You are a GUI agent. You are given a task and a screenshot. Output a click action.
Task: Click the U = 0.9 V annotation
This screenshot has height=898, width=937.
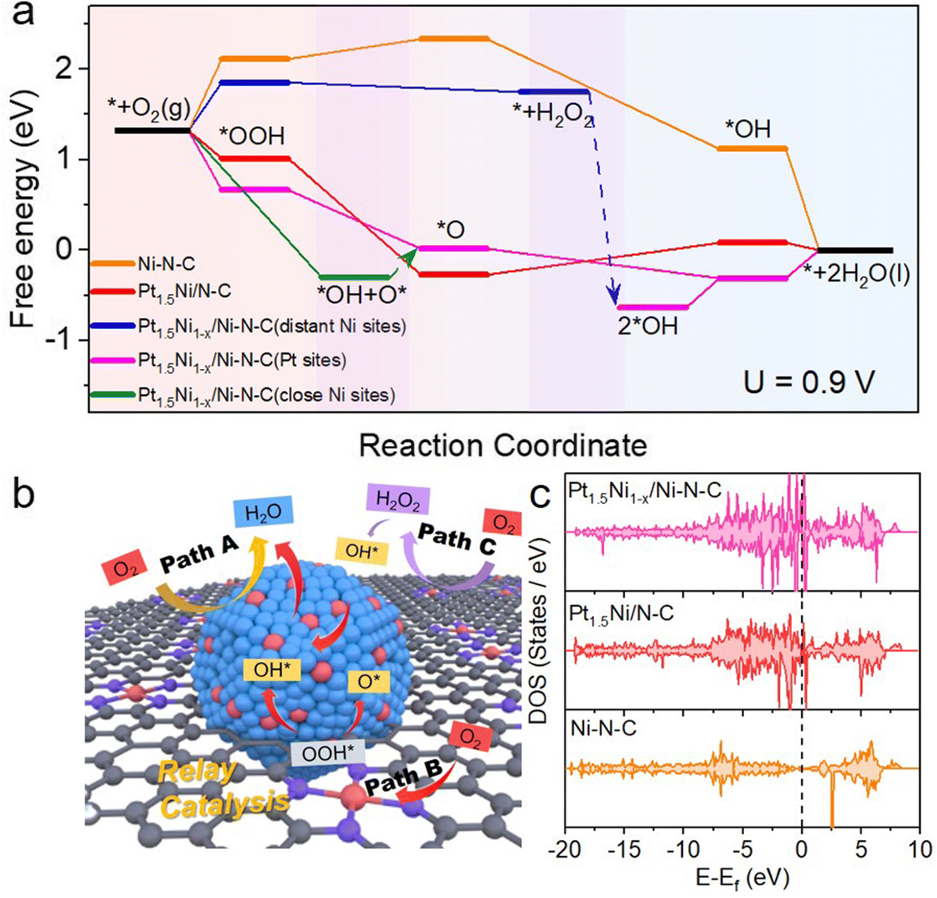[x=809, y=382]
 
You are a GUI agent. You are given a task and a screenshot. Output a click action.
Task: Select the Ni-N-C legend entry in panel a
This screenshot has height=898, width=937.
[x=166, y=264]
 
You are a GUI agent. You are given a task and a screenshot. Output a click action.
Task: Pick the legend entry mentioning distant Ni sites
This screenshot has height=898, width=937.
[x=272, y=326]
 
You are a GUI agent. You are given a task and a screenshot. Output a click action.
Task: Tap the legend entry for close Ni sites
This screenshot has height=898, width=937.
[x=267, y=395]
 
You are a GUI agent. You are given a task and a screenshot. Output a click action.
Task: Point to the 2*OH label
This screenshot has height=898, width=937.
[x=648, y=326]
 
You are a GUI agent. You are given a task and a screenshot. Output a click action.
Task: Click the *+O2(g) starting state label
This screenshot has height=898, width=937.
[x=149, y=109]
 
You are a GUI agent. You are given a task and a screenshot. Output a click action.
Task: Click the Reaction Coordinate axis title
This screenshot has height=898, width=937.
[x=503, y=446]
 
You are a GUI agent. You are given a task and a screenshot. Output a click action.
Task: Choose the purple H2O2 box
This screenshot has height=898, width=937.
[x=397, y=501]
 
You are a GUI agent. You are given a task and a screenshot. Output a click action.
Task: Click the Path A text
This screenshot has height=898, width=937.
[x=199, y=555]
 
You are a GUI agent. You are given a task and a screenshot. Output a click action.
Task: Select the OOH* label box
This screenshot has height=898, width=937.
[x=328, y=753]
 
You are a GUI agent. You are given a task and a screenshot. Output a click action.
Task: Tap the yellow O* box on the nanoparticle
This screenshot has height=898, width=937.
[x=369, y=681]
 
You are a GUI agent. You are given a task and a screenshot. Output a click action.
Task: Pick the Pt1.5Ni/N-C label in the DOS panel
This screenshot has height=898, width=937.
[x=622, y=614]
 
